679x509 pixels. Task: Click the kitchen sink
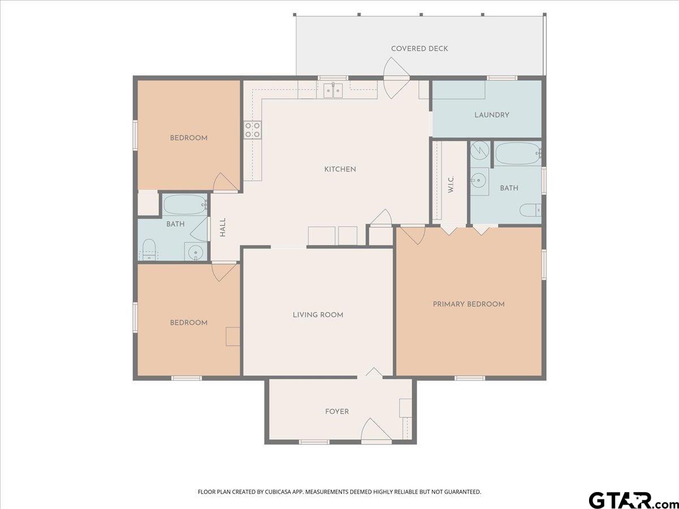coord(333,90)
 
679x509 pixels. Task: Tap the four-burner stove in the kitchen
coord(253,130)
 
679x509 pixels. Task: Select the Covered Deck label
coord(419,49)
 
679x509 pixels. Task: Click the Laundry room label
coord(492,115)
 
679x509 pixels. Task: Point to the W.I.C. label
coord(451,184)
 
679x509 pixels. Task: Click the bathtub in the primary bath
coord(518,154)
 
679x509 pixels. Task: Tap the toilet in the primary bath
coord(530,210)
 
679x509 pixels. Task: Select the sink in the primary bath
coord(479,180)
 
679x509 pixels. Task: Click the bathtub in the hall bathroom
coord(184,204)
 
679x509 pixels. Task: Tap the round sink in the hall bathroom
coord(196,252)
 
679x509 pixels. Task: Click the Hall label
coord(223,227)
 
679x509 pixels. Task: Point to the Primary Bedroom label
coord(469,304)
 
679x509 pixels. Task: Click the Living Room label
coord(318,315)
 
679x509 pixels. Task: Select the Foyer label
coord(337,412)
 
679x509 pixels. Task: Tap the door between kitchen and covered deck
coord(396,78)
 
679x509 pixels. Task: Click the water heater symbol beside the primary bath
coord(480,150)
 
